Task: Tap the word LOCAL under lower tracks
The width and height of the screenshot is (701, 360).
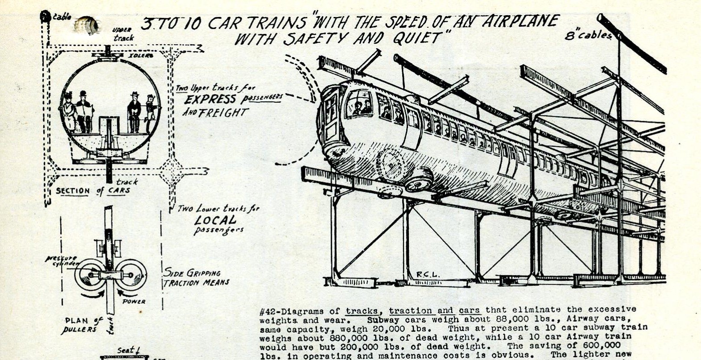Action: [215, 220]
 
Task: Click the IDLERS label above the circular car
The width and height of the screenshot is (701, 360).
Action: [140, 56]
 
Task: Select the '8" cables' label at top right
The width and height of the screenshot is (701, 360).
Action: [588, 35]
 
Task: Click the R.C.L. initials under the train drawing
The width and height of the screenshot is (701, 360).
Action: [428, 275]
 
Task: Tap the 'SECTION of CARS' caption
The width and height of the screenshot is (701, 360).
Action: [93, 191]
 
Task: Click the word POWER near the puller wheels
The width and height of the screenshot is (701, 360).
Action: [134, 302]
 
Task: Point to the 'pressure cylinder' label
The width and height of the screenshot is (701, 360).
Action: [61, 261]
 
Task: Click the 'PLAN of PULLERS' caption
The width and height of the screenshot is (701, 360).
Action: [83, 325]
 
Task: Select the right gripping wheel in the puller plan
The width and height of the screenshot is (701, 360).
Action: [132, 274]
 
